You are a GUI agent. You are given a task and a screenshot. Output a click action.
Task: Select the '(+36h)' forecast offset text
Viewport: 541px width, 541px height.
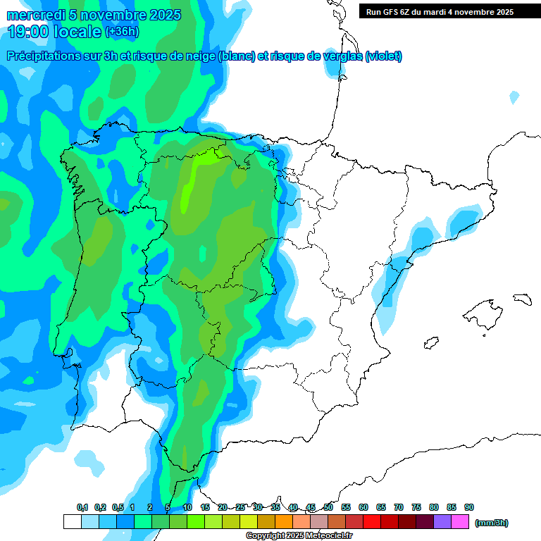tap(123, 31)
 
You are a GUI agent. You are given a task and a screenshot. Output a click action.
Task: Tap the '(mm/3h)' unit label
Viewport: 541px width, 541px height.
tap(492, 523)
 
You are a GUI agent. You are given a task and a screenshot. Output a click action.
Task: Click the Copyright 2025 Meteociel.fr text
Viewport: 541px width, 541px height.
tap(299, 536)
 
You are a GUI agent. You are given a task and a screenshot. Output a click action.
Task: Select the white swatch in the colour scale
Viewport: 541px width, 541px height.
tap(72, 522)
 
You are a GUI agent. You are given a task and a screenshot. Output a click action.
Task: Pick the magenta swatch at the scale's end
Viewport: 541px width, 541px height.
tap(460, 522)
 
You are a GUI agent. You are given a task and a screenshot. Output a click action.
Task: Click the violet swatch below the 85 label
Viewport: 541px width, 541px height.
tap(442, 522)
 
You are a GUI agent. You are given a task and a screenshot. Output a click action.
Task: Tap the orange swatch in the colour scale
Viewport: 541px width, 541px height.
tap(284, 522)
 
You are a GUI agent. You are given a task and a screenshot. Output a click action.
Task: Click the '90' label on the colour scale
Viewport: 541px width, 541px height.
tap(469, 507)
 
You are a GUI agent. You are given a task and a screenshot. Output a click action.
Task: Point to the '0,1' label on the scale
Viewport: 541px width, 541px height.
tap(82, 507)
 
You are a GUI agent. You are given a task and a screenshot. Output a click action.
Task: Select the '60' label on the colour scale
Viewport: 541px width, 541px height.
tap(363, 507)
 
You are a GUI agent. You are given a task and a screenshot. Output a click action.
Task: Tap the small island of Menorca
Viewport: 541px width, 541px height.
tap(521, 299)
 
